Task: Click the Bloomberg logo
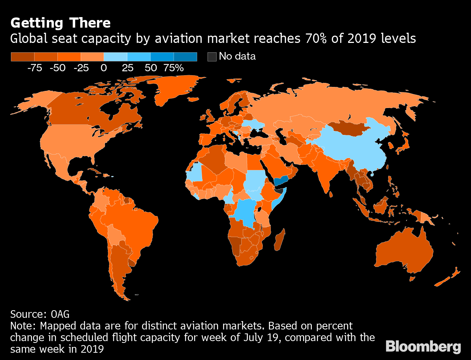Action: point(423,346)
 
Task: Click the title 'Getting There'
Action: point(60,23)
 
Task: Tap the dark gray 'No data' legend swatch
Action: point(212,57)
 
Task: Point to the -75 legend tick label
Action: point(35,68)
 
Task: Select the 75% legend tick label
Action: point(174,68)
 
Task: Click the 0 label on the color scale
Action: point(104,68)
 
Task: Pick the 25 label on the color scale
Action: point(127,68)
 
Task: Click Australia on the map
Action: point(403,251)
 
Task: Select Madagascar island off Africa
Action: point(279,240)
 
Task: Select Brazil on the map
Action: point(136,222)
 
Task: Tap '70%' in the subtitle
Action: point(317,39)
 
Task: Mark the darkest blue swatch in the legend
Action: point(185,57)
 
